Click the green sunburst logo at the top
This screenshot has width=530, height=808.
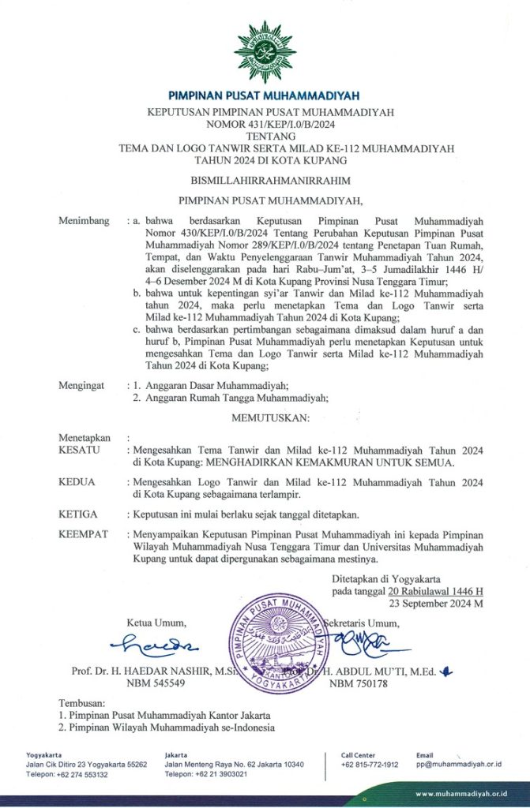265,51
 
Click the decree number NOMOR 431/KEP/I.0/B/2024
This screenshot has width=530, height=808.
265,124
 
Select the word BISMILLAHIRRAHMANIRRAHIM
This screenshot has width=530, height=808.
265,181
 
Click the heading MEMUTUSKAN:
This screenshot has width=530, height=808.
265,416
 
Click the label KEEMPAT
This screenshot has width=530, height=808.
84,534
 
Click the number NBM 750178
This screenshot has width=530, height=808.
359,683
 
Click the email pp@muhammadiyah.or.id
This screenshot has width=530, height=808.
460,765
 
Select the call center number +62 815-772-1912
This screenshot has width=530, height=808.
370,765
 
